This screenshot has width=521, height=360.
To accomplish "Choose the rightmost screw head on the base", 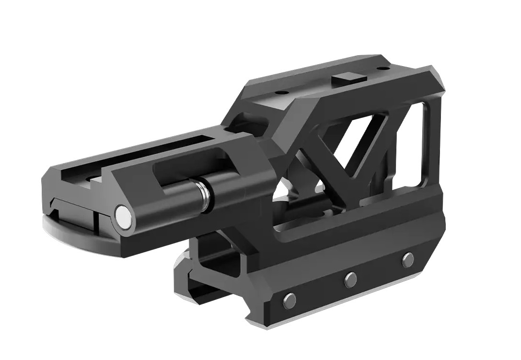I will coord(408,259).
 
